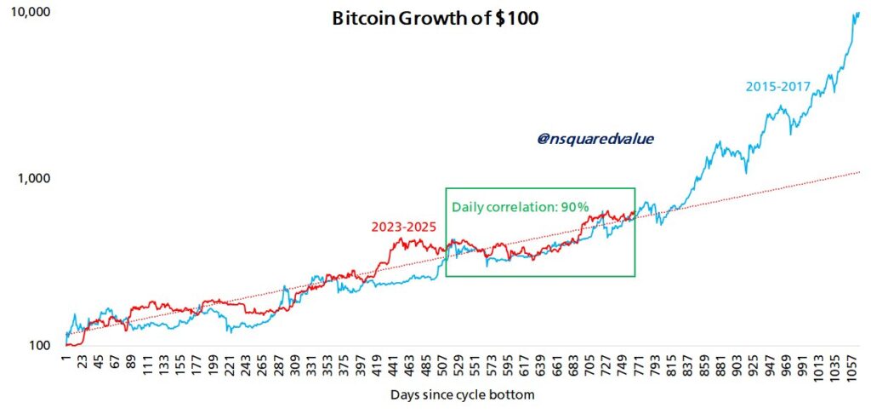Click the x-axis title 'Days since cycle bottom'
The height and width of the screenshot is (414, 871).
463,395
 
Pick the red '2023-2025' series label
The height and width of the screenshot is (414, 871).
403,227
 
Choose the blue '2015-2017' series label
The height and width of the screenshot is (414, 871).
777,86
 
